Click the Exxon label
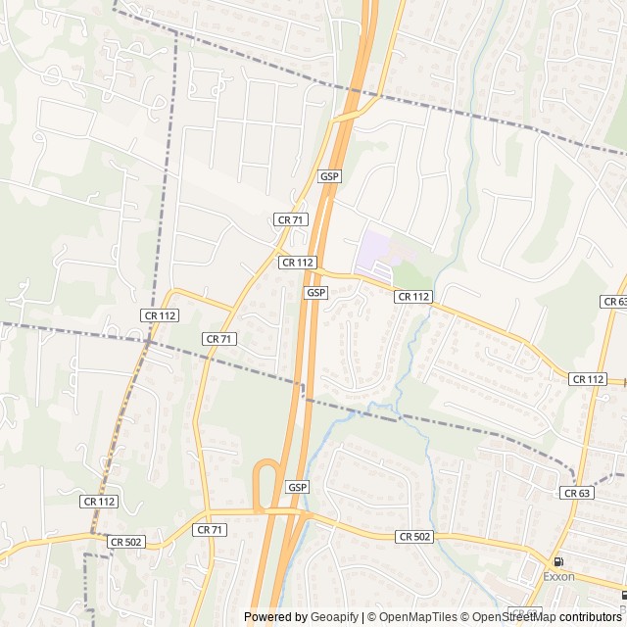pos(558,577)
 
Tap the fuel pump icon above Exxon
pos(558,562)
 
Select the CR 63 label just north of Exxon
pos(577,494)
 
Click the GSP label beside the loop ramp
pos(298,487)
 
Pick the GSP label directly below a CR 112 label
pos(315,293)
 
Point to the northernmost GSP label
pos(329,176)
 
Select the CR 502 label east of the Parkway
pos(415,537)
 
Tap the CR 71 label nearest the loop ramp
pos(210,529)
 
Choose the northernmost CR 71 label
pos(289,220)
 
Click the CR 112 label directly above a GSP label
pos(298,263)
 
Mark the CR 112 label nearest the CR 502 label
pos(100,501)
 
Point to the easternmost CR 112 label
pos(588,379)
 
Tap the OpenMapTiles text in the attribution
pos(412,617)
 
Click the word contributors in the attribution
pos(593,617)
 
